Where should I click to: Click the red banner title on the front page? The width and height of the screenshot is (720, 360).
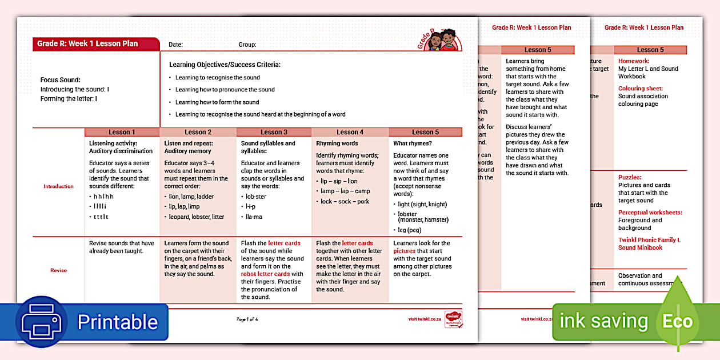click(87, 43)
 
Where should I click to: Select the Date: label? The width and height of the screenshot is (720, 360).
click(175, 45)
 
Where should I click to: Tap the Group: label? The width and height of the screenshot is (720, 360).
click(247, 45)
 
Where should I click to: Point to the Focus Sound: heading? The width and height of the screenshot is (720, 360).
click(61, 80)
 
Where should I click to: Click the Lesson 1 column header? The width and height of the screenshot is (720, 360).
click(122, 132)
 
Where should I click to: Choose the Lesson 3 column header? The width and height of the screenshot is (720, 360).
click(274, 132)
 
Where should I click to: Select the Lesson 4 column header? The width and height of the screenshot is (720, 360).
click(350, 132)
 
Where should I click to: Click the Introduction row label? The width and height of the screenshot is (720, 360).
click(58, 186)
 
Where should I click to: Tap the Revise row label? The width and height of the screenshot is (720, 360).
click(58, 270)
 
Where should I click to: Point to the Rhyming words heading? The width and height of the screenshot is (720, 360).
click(337, 143)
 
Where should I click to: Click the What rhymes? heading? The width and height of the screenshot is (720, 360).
click(412, 143)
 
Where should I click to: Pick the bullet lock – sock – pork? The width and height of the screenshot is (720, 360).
click(345, 201)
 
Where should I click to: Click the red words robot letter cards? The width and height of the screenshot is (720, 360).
click(265, 274)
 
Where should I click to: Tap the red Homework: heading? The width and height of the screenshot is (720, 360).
click(634, 61)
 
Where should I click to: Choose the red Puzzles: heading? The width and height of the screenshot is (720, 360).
click(630, 178)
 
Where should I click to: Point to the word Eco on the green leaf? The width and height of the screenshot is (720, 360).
click(677, 321)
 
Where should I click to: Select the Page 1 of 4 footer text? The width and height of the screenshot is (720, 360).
click(247, 319)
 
